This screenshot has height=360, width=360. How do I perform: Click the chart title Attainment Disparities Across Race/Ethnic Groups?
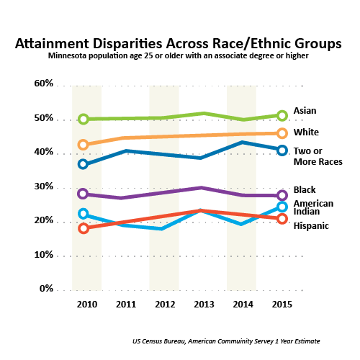(x=179, y=44)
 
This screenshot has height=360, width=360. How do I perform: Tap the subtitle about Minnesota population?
(x=179, y=55)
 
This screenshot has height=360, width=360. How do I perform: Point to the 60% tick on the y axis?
(x=44, y=84)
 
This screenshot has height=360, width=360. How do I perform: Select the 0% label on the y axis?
(x=46, y=288)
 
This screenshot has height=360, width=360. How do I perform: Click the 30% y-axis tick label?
(x=44, y=186)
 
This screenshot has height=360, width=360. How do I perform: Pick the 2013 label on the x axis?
(x=204, y=305)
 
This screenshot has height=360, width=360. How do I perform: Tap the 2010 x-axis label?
(x=87, y=305)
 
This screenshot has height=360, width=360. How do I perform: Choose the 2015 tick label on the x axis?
(x=282, y=305)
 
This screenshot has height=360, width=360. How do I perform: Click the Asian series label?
(x=305, y=111)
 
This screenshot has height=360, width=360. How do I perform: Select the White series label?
(x=306, y=132)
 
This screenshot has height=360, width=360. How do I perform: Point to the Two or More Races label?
(x=318, y=156)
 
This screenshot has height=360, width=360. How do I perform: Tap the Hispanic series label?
(x=311, y=226)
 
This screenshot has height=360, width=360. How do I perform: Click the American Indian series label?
(x=313, y=207)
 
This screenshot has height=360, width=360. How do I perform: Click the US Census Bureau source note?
(x=226, y=341)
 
